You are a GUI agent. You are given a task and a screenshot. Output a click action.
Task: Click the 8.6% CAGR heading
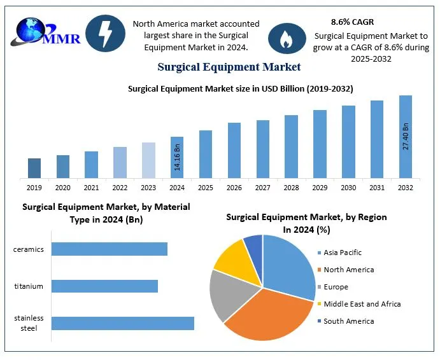click(352, 22)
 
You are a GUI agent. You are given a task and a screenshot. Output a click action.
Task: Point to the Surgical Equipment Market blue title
click(229, 66)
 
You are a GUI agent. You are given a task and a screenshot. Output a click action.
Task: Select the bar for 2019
click(34, 168)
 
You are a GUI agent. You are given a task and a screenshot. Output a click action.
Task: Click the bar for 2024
click(177, 157)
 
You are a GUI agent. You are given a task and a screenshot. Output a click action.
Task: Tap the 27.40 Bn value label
click(406, 136)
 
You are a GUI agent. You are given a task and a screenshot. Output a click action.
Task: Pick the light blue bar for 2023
click(148, 160)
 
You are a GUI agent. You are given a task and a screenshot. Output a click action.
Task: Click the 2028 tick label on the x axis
click(291, 188)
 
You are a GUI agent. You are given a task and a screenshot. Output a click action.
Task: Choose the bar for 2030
click(348, 141)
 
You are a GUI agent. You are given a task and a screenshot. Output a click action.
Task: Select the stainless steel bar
click(122, 323)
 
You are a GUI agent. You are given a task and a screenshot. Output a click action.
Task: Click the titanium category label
click(29, 286)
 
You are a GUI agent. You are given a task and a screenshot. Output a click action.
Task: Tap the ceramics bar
click(109, 249)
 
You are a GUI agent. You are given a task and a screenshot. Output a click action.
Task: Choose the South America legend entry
click(348, 321)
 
